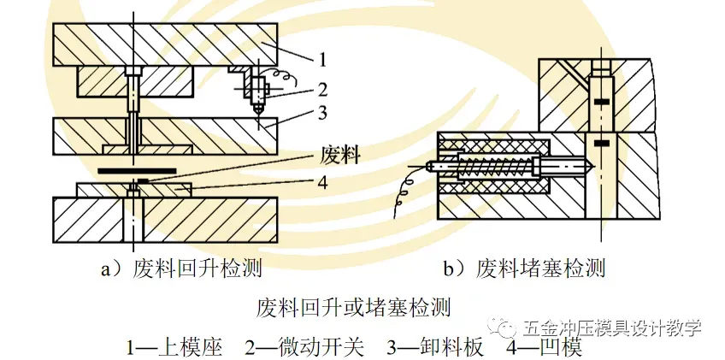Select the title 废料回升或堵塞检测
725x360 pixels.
(x=353, y=305)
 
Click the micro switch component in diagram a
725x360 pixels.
(x=256, y=88)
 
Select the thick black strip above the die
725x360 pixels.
(x=140, y=170)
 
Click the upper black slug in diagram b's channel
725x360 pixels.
(x=602, y=103)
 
